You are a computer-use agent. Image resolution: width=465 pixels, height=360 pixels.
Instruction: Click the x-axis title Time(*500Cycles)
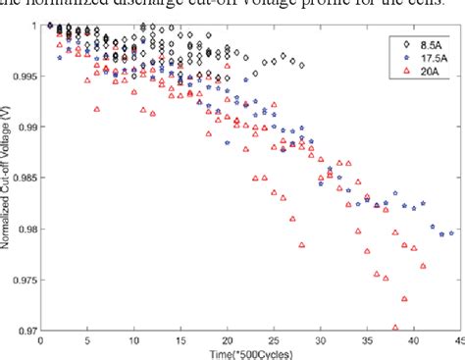249,353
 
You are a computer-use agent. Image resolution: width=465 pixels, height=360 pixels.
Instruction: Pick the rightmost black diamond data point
302,65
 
